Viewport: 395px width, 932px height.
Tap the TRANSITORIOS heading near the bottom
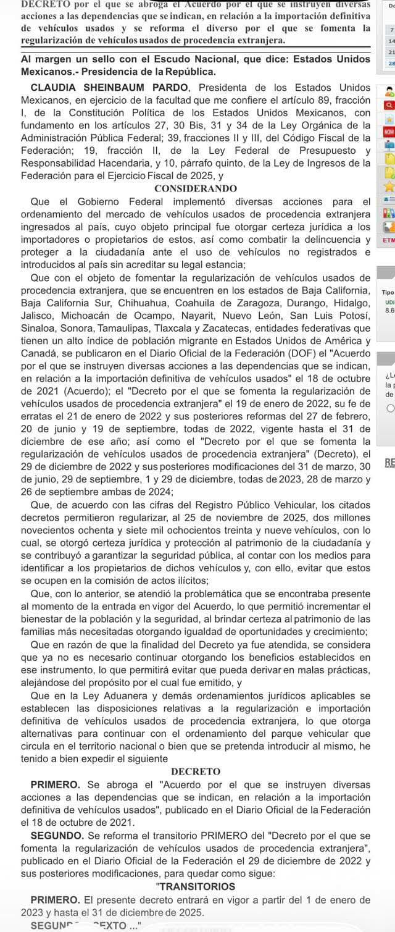[x=196, y=886]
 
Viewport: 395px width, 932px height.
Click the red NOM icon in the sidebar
[x=388, y=132]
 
